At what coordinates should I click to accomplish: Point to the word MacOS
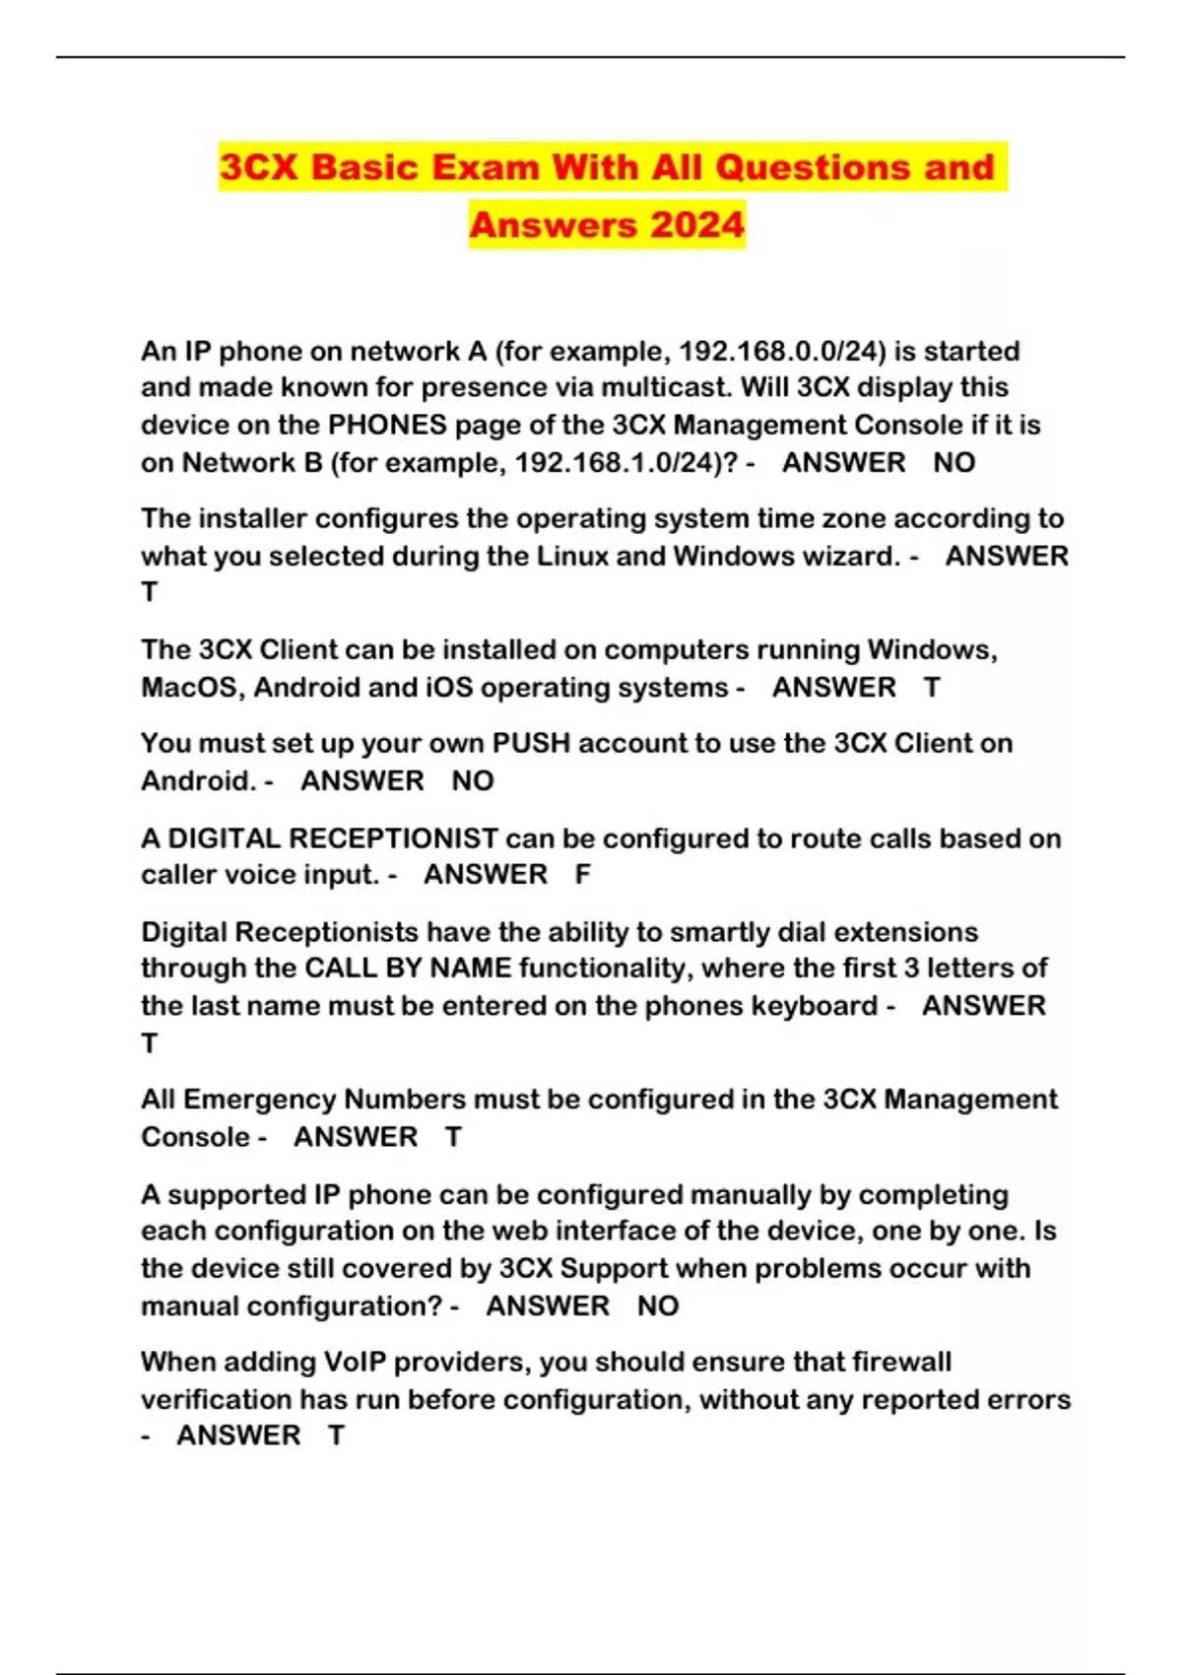pos(191,687)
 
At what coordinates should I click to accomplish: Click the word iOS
pos(450,687)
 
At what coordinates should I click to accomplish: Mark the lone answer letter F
pos(583,875)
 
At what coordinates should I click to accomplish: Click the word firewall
pos(901,1362)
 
